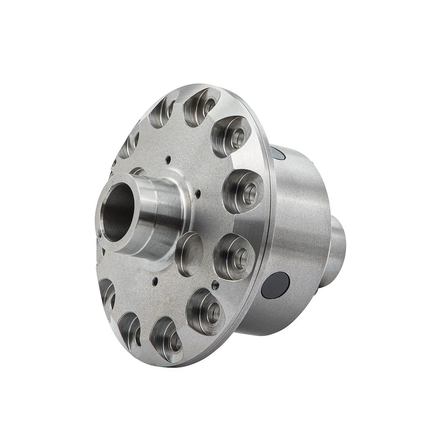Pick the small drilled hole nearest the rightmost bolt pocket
click(198, 193)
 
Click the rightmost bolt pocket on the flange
click(243, 191)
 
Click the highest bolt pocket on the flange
click(200, 107)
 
